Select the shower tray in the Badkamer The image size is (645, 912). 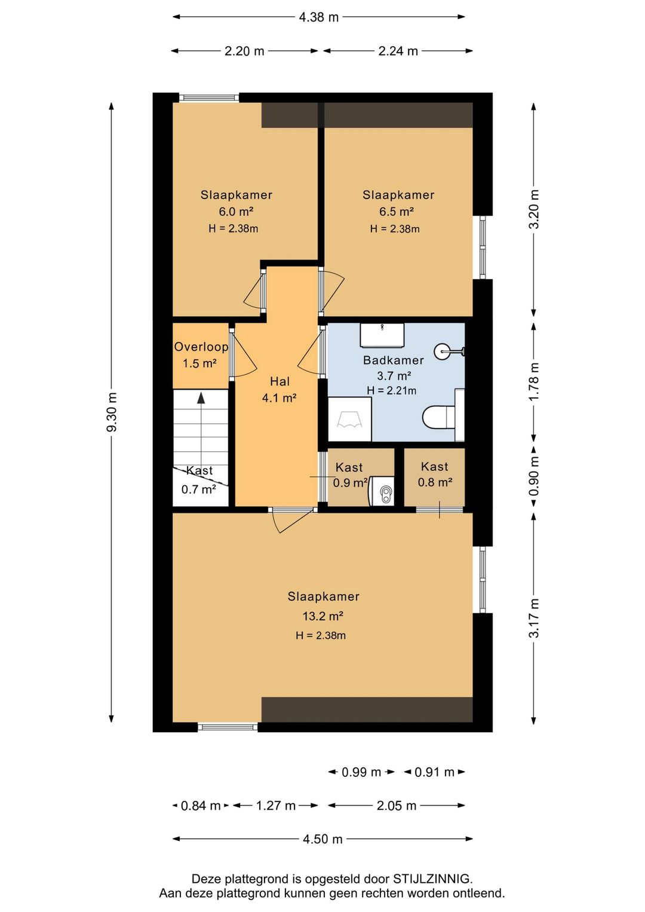349,419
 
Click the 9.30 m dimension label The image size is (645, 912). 112,412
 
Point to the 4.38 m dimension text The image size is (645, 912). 319,17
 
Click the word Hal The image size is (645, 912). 280,381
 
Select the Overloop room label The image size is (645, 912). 201,347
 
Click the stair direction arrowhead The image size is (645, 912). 201,398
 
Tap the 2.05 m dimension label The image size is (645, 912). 397,806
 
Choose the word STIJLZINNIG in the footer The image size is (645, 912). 431,879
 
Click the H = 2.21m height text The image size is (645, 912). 391,390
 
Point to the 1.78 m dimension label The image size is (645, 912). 535,381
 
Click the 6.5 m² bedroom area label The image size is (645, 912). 397,212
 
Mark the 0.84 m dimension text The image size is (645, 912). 201,806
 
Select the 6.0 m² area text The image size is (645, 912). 236,212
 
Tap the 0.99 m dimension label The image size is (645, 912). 361,772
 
